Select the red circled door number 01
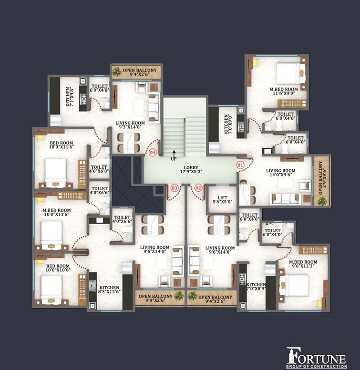click(240, 165)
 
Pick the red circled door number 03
click(175, 188)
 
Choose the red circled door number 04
click(153, 153)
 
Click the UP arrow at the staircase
click(174, 154)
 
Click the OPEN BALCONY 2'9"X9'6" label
click(322, 174)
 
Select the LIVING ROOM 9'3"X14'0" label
click(130, 125)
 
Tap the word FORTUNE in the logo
click(317, 357)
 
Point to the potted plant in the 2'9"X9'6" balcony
click(322, 201)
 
